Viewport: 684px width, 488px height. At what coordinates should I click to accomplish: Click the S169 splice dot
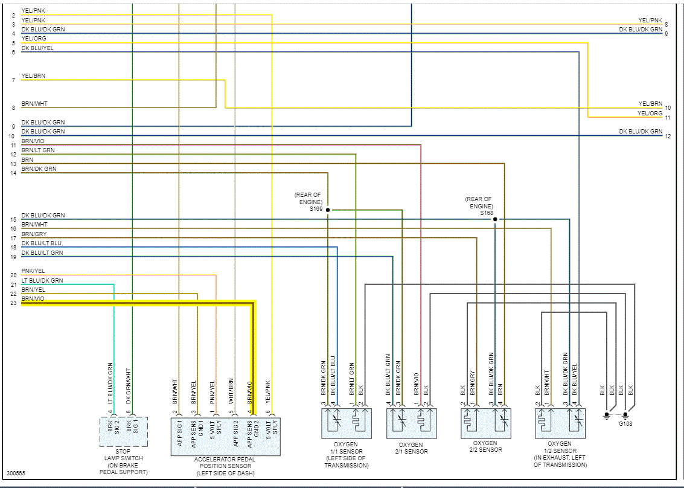coord(328,210)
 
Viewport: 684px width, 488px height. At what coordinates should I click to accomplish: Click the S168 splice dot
coord(495,219)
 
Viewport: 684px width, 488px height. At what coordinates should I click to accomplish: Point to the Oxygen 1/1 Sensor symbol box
coord(346,423)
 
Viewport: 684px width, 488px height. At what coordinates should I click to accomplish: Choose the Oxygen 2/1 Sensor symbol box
coord(412,423)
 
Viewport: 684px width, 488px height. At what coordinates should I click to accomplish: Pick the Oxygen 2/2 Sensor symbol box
coord(485,423)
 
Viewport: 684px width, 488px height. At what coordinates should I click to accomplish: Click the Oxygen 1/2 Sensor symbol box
coord(560,423)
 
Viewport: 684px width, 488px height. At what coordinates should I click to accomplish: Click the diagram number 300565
coord(16,474)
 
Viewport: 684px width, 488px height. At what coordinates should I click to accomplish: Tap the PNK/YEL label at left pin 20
coord(33,271)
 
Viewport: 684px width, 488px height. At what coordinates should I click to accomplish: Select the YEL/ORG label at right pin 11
coord(650,114)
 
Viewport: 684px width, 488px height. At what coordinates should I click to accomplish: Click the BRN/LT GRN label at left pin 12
coord(38,150)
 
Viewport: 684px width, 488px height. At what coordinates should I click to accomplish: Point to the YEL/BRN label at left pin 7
coord(33,76)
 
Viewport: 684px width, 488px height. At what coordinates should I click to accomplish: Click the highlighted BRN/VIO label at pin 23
coord(33,299)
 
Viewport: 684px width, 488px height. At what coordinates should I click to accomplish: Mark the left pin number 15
coord(13,220)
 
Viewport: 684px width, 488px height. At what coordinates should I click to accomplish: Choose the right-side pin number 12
coord(668,136)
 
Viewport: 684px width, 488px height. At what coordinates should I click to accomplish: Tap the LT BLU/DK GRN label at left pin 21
coord(42,280)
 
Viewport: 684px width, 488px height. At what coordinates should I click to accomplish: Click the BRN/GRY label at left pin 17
coord(34,234)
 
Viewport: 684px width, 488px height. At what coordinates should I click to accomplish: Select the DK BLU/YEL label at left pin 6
coord(37,48)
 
